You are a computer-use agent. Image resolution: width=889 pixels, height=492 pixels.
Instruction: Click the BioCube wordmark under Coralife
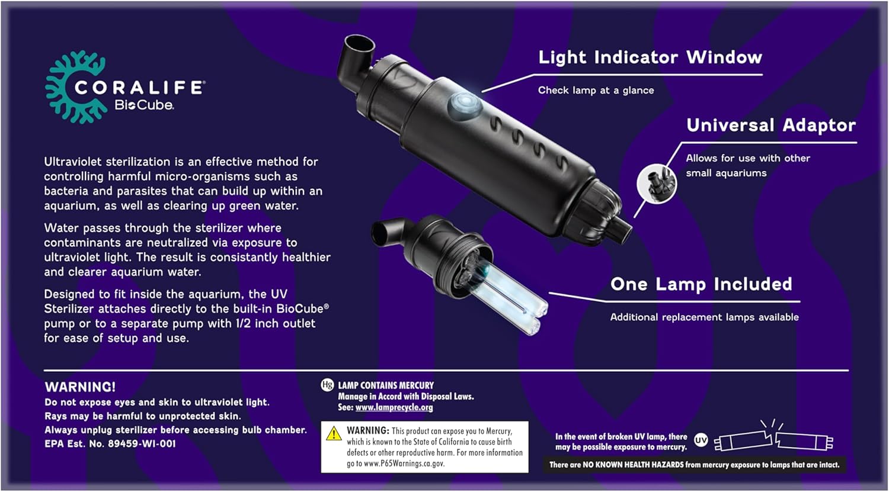[144, 105]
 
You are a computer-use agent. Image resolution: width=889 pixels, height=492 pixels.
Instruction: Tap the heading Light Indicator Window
[650, 57]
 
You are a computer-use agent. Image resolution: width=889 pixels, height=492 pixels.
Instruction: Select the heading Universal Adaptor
[771, 126]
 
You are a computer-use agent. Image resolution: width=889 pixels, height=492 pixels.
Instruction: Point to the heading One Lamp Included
[701, 284]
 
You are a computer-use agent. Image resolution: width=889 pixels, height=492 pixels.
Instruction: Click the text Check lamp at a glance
[596, 91]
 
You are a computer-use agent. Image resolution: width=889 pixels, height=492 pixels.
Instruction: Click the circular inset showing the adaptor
[657, 184]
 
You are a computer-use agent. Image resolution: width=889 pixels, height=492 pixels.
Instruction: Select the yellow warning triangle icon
[334, 434]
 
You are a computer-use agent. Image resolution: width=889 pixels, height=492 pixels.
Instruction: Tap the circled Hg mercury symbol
[327, 385]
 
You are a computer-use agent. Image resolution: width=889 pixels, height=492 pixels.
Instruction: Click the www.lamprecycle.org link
[394, 407]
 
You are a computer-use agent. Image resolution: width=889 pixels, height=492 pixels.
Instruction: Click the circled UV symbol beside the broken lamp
[701, 440]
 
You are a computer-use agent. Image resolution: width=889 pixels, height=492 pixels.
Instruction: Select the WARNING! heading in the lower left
[80, 387]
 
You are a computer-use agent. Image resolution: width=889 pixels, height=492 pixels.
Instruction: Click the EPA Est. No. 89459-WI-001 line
[110, 444]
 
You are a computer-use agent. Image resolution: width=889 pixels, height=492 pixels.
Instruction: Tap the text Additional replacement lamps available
[705, 317]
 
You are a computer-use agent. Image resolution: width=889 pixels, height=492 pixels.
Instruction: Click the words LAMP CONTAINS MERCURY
[386, 385]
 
